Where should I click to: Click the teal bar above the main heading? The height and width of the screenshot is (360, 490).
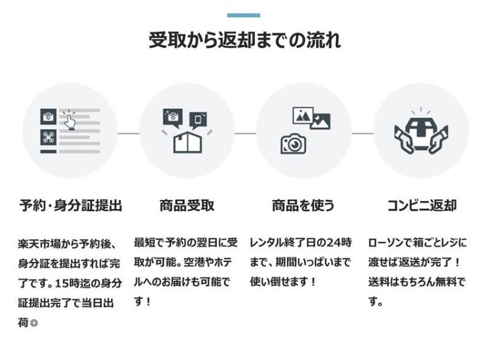[244, 15]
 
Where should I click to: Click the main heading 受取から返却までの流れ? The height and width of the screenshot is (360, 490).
[244, 41]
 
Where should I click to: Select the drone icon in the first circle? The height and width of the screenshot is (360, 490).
[48, 137]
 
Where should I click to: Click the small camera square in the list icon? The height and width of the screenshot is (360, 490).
[48, 117]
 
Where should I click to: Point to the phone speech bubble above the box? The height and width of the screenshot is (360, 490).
[198, 120]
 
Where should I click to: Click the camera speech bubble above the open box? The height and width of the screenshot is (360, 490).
[172, 118]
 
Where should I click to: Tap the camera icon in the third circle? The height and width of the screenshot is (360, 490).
[293, 142]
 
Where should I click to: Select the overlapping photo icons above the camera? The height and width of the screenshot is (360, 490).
[312, 118]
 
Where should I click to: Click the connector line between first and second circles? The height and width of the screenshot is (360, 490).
[128, 133]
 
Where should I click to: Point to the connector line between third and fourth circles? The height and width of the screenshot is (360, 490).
[362, 133]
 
